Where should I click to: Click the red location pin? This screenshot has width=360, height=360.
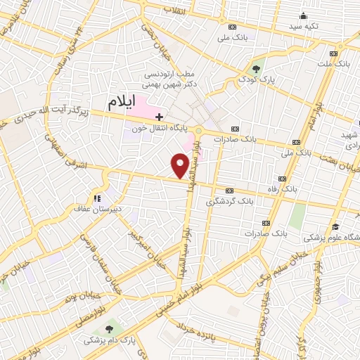pyautogui.click(x=180, y=165)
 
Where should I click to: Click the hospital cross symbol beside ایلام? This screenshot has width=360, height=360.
pyautogui.click(x=160, y=116)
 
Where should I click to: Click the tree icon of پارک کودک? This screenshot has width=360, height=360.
pyautogui.click(x=257, y=69)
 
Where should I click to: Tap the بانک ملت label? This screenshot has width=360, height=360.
pyautogui.click(x=333, y=64)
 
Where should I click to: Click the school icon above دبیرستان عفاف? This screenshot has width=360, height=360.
pyautogui.click(x=98, y=198)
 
